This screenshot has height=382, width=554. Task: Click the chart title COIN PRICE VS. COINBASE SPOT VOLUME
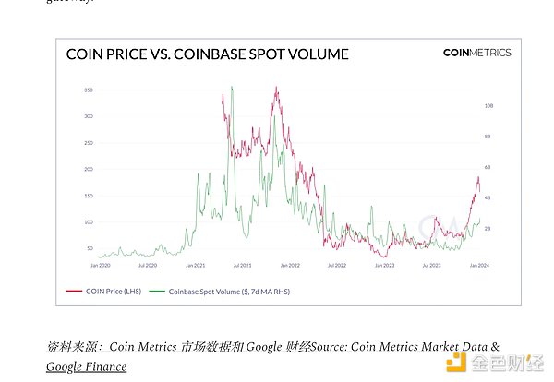pos(207,54)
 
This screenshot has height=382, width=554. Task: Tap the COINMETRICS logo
pos(476,53)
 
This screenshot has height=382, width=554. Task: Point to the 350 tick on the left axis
pos(89,90)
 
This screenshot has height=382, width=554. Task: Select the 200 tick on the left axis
pos(89,170)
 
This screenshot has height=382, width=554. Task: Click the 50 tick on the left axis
pos(90,249)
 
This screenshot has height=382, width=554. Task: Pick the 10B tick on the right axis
pos(488,106)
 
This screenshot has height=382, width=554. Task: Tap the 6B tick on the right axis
pos(488,167)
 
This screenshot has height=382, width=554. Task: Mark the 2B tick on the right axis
pos(488,228)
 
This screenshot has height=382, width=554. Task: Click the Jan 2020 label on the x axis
pos(101,265)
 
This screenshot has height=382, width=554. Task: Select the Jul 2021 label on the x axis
pos(242,265)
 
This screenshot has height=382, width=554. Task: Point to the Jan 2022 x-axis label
pos(290,265)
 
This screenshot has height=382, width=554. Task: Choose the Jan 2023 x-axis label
pos(384,265)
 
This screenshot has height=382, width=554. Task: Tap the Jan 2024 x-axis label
pos(478,265)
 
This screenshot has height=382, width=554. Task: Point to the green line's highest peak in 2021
pos(231,87)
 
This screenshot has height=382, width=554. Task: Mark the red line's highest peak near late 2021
pos(276,88)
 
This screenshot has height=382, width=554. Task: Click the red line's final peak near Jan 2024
pos(477,177)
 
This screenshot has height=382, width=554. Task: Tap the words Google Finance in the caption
pos(86,366)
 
